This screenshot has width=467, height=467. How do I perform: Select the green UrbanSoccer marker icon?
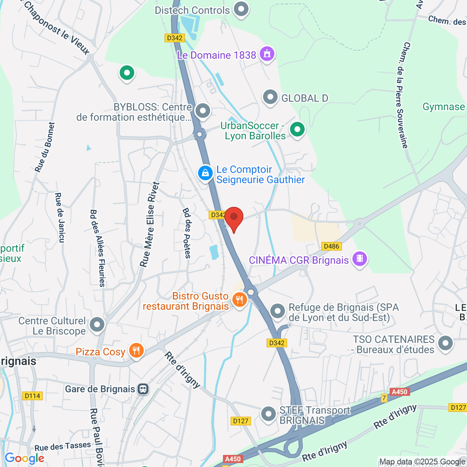click(297, 129)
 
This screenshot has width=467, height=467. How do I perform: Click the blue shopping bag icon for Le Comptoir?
click(205, 173)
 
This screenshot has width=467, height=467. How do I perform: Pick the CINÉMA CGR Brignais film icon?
click(360, 259)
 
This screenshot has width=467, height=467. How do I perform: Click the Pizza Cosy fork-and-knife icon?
click(136, 351)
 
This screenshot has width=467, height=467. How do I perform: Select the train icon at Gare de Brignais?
click(143, 389)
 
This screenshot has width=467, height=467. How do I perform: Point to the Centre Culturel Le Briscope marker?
click(97, 325)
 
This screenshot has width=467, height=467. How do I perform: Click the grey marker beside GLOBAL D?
click(270, 98)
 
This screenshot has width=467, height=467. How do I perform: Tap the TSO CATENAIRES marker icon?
click(445, 343)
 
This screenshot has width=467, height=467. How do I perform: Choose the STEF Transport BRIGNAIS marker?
click(268, 414)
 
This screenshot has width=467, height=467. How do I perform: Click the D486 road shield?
click(332, 246)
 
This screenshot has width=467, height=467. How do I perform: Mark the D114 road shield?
click(32, 396)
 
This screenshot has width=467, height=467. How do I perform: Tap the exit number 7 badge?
click(384, 398)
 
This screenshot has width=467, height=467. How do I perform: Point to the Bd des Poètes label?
click(187, 233)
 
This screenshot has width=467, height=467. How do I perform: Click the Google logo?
click(24, 458)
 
